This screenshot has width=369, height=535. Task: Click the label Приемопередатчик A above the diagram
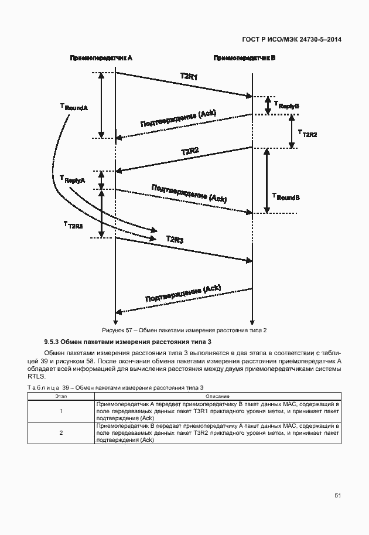coord(101,59)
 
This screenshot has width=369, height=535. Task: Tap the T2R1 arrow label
coord(189,77)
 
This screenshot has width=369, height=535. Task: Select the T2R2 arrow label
coord(190,152)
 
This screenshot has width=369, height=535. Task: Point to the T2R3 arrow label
coord(175,239)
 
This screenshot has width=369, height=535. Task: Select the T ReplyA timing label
coord(73,179)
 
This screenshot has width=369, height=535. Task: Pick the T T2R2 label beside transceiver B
coord(307,134)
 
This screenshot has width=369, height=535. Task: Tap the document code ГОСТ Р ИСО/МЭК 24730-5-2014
coord(292,39)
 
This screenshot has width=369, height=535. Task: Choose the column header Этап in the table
coord(61,396)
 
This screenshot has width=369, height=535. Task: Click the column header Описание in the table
coord(217,396)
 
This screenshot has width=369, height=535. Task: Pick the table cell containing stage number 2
coord(61,432)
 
